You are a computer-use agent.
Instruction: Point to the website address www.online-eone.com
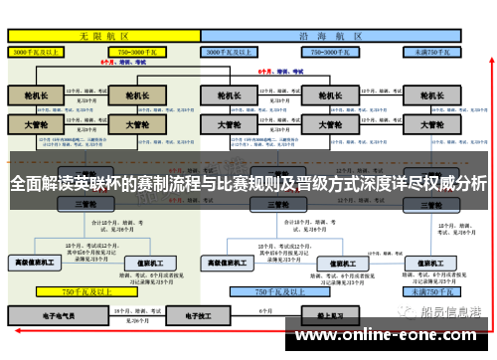coord(382,336)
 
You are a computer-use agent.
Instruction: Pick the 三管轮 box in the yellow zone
coord(83,204)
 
